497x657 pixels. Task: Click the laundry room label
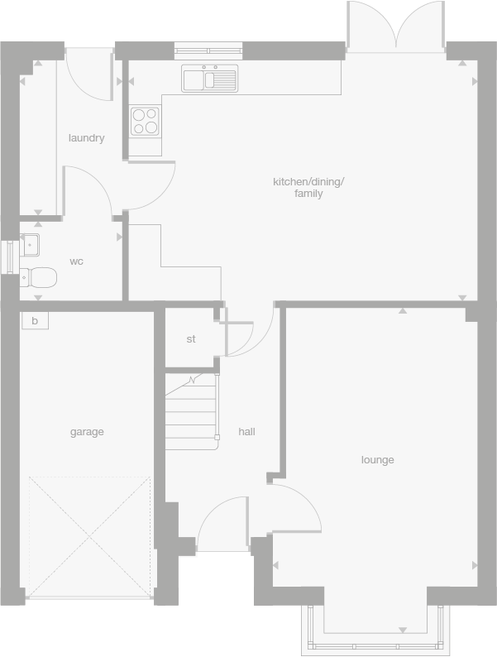tap(86, 138)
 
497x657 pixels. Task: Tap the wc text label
tap(76, 261)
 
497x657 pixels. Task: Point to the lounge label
tap(377, 460)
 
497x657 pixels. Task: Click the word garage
tap(87, 432)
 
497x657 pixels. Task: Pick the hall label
tap(246, 432)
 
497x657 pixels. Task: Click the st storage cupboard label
tap(191, 339)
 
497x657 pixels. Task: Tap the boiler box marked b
tap(35, 320)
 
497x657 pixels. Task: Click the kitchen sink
tap(210, 79)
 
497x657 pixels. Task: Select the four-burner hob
tap(146, 122)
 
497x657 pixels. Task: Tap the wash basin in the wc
tap(30, 245)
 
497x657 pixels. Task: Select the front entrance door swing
tap(221, 524)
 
